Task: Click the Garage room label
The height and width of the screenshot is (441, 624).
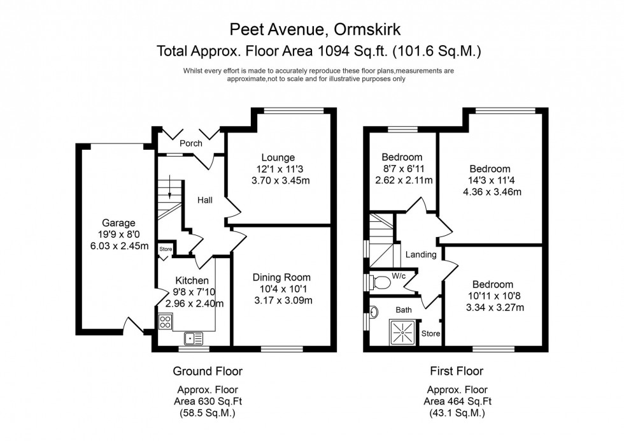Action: (118, 223)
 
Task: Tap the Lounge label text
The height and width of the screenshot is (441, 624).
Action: (277, 157)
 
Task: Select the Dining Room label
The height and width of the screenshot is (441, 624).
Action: (281, 277)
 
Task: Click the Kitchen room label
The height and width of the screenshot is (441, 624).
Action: (192, 280)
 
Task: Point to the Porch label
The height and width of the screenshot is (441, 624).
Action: (190, 143)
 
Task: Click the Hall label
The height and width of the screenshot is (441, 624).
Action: (204, 200)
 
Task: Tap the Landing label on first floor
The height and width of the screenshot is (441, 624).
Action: (421, 255)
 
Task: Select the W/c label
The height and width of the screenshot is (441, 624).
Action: (399, 276)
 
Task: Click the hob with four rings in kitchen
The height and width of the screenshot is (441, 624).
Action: (165, 322)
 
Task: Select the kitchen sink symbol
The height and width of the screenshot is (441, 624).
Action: (192, 338)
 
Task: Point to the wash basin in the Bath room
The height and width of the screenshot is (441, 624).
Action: (374, 312)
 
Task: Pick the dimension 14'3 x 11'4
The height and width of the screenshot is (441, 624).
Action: (490, 180)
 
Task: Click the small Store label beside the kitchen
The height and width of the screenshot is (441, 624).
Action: (166, 249)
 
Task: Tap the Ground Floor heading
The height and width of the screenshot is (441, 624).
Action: (208, 371)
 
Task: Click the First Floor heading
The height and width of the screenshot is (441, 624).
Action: (457, 371)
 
